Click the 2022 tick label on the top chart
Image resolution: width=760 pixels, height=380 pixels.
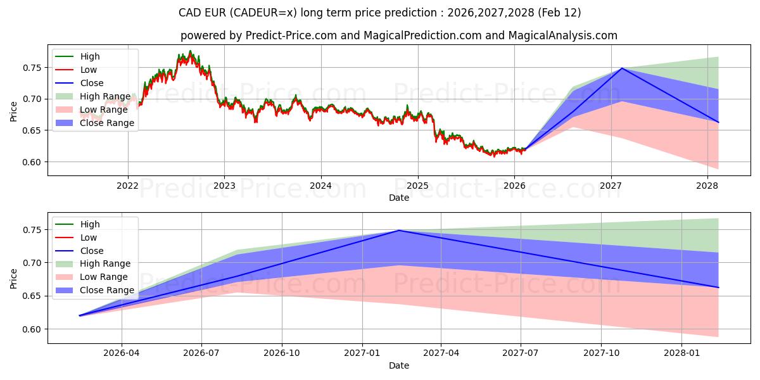point(128,185)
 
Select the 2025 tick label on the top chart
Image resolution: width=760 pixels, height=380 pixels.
point(417,185)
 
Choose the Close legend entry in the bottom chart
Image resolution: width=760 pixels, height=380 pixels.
point(92,251)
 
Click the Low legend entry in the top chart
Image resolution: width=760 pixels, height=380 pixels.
point(89,70)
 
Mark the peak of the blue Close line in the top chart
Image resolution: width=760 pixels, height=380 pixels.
point(622,68)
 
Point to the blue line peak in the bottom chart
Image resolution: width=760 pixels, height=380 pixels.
point(398,231)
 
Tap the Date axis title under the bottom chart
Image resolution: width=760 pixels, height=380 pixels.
point(399,365)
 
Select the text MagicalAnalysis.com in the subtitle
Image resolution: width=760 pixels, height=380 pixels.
point(566,35)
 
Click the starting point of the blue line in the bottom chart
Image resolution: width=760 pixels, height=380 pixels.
point(80,315)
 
